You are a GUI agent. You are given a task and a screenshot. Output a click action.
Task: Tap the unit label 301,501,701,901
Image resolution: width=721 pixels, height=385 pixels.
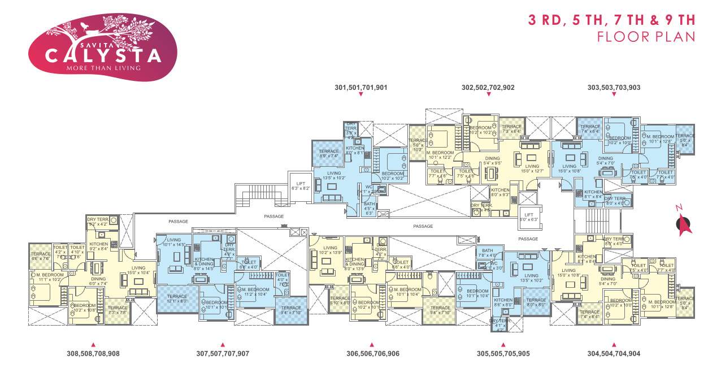click(360, 88)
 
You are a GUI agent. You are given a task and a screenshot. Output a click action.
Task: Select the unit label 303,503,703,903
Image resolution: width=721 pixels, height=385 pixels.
click(614, 88)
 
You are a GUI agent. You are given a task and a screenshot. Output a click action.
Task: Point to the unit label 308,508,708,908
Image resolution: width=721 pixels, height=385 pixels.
click(93, 353)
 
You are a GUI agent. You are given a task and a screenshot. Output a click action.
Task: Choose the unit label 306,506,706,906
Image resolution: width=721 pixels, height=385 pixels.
click(372, 353)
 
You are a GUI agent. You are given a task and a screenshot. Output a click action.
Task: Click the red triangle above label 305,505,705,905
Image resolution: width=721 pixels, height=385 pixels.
click(502, 344)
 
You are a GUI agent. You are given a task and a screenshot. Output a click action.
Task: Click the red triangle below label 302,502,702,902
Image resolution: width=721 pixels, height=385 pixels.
click(488, 94)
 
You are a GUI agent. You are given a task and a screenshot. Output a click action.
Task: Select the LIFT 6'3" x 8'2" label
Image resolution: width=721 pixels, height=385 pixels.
click(300, 185)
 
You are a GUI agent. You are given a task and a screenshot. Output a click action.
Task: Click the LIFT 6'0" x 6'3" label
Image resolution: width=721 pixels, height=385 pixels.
click(528, 217)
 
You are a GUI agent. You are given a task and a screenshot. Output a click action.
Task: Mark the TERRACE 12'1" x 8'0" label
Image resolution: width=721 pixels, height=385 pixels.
click(177, 299)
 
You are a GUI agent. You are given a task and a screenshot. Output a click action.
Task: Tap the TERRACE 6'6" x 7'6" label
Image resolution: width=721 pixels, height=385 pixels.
click(41, 256)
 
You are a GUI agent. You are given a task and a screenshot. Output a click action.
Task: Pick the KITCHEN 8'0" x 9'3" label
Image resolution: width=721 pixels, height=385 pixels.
click(500, 192)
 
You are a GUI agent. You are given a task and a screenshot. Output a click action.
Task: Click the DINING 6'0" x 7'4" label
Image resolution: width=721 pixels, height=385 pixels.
click(98, 281)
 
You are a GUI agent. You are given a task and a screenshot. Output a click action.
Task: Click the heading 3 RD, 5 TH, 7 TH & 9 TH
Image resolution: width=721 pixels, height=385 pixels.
click(611, 20)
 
